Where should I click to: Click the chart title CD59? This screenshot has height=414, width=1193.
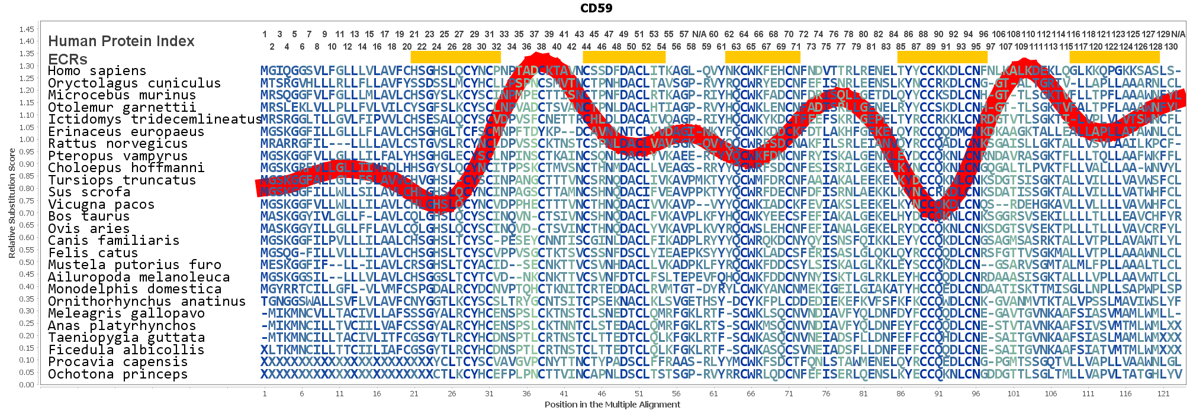pos(596,8)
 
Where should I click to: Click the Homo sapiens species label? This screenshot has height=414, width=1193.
pos(97,71)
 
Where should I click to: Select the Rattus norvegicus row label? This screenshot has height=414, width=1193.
pos(117,144)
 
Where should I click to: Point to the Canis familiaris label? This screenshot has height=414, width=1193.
pos(113,241)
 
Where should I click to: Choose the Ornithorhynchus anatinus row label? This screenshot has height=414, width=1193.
pos(146,302)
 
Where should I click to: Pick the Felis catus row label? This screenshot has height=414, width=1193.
pos(92,253)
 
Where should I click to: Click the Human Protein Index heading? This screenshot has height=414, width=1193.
pos(121,41)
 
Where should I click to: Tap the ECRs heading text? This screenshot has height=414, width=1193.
pos(67,60)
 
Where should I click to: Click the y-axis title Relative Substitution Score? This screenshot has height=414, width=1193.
pos(12,203)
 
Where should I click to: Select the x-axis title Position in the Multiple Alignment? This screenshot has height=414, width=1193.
pos(612,405)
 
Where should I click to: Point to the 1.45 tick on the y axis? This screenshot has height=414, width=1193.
pos(27,29)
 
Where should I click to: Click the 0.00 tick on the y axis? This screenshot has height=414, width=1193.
pos(27,384)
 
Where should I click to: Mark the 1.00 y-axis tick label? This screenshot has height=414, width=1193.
pos(27,140)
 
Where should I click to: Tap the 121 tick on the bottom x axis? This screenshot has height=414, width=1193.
pos(1163,393)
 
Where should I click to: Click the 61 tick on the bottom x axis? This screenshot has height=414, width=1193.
pos(713,393)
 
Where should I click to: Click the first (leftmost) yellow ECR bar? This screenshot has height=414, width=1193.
pos(455,57)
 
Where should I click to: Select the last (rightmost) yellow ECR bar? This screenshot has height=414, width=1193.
pos(1114,57)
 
